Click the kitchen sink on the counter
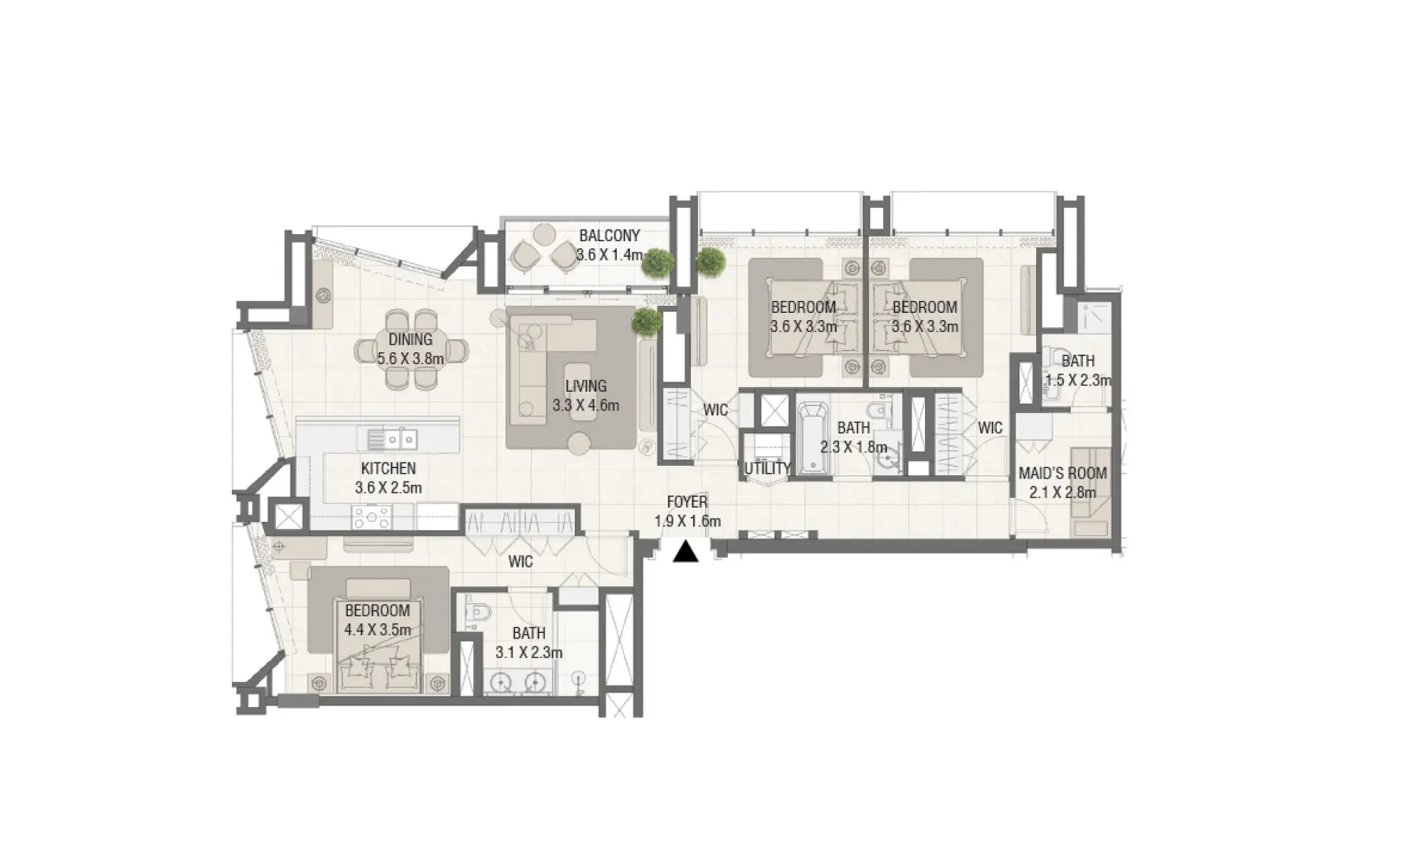[392, 439]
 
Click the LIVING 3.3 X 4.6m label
[586, 396]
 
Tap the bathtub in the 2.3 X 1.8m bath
[813, 438]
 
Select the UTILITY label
[767, 468]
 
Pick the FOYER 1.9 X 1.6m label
[687, 511]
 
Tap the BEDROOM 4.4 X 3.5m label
[377, 620]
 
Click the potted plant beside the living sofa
[647, 322]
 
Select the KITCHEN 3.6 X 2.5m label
[388, 478]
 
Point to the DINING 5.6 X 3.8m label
[410, 348]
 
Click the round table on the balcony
[544, 234]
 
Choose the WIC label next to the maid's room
[990, 428]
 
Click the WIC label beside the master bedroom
[520, 562]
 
